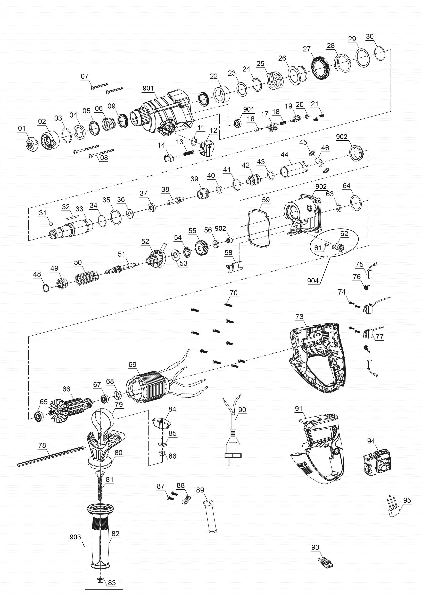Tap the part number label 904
313,281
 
